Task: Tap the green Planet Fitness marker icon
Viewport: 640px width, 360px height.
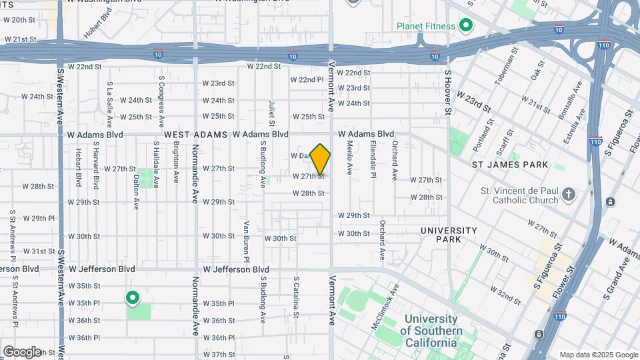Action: point(466,26)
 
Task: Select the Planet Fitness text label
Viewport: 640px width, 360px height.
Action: point(426,27)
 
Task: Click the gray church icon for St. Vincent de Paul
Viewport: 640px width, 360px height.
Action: point(568,195)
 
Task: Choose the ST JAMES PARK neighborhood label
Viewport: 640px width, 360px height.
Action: point(510,164)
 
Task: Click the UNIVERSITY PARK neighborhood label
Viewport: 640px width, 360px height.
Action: point(449,235)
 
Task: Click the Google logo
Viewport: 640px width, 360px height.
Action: point(22,351)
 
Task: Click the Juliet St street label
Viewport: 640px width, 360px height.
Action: point(272,113)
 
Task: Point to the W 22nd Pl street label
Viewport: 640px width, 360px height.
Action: point(307,79)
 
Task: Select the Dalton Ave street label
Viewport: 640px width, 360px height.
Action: point(137,189)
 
